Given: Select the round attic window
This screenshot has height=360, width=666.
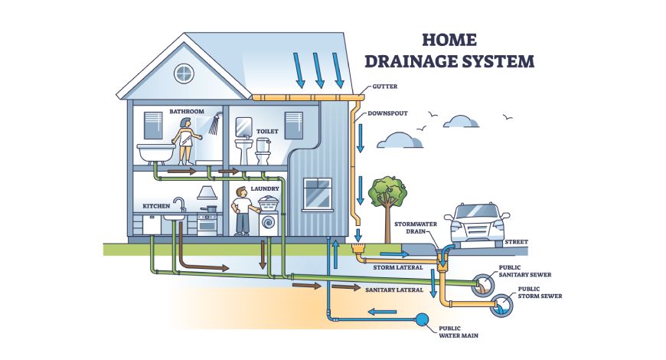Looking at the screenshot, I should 184,74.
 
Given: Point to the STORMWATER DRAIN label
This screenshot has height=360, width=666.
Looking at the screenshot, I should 416,227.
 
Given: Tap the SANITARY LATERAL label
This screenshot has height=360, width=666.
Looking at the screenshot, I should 395,290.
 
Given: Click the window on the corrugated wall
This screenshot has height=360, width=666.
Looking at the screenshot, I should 317,195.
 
